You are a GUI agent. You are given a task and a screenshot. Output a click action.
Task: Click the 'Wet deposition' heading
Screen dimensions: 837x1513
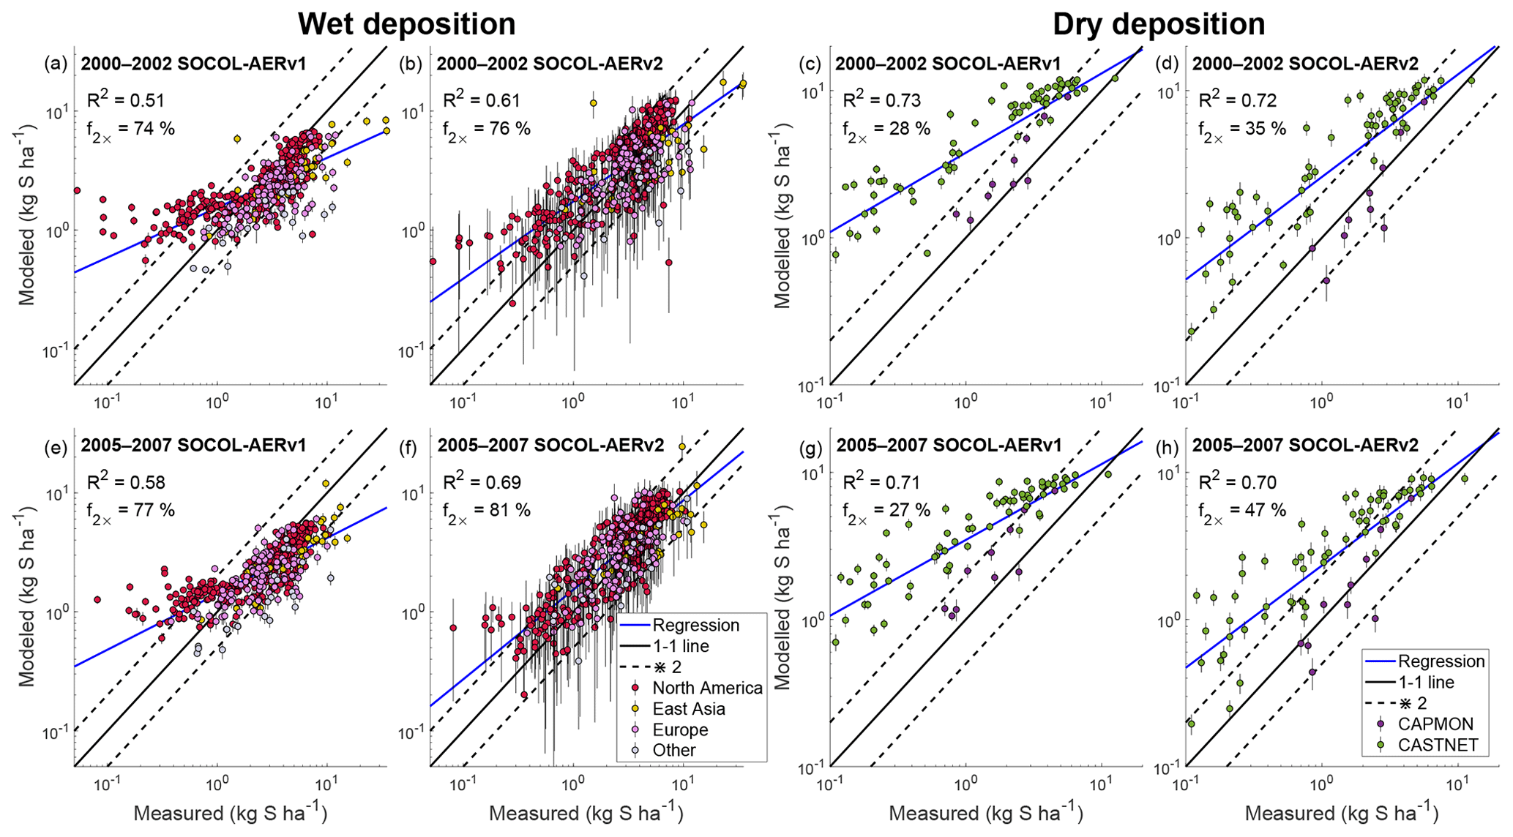tap(406, 24)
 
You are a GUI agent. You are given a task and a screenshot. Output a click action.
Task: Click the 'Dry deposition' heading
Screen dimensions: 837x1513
tap(1159, 24)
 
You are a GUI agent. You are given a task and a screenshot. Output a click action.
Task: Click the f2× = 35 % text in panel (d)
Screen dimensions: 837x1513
tap(1241, 130)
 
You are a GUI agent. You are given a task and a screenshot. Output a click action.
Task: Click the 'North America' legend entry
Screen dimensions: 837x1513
tap(707, 688)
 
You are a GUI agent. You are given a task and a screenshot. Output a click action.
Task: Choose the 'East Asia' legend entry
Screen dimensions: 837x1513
tap(689, 709)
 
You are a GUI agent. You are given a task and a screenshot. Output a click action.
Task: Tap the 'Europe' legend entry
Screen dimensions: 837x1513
tap(680, 730)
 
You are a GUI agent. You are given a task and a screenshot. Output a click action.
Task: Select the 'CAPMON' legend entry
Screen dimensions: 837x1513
tap(1435, 724)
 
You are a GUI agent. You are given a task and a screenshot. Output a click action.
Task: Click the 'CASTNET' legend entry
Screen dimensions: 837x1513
tap(1438, 746)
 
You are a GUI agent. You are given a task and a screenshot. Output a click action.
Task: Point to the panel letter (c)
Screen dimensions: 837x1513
tap(810, 64)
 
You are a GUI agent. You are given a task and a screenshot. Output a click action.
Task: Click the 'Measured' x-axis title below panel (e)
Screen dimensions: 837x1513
tap(231, 814)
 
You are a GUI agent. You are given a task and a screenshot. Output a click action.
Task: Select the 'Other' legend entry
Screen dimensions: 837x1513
tap(674, 751)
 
